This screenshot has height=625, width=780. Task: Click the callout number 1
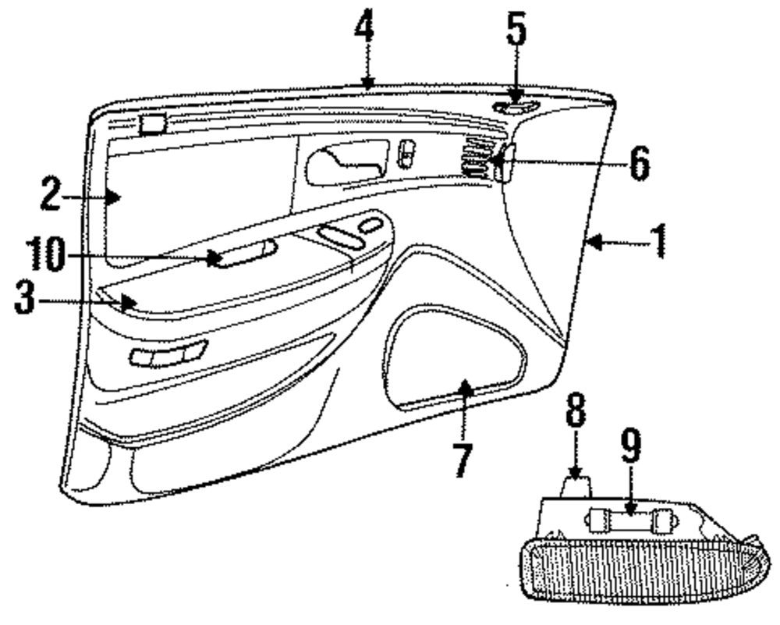[659, 241]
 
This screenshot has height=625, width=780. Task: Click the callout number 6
[638, 163]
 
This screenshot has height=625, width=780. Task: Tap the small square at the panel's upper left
[153, 122]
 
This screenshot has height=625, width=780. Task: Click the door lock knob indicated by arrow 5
[515, 108]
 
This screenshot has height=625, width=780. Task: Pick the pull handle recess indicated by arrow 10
[243, 254]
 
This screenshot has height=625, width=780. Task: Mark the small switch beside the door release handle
[406, 154]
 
